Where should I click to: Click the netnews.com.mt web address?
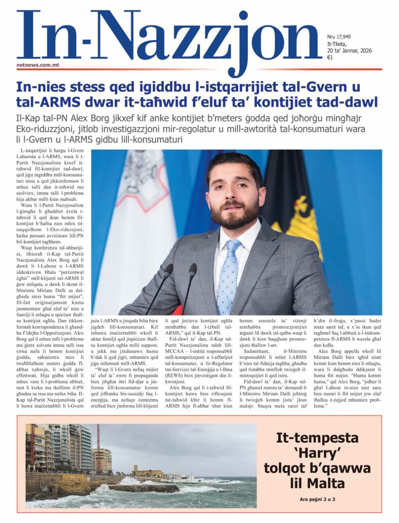(38, 64)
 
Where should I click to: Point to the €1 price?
(330, 58)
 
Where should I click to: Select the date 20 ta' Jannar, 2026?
(349, 51)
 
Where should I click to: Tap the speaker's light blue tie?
(228, 274)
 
